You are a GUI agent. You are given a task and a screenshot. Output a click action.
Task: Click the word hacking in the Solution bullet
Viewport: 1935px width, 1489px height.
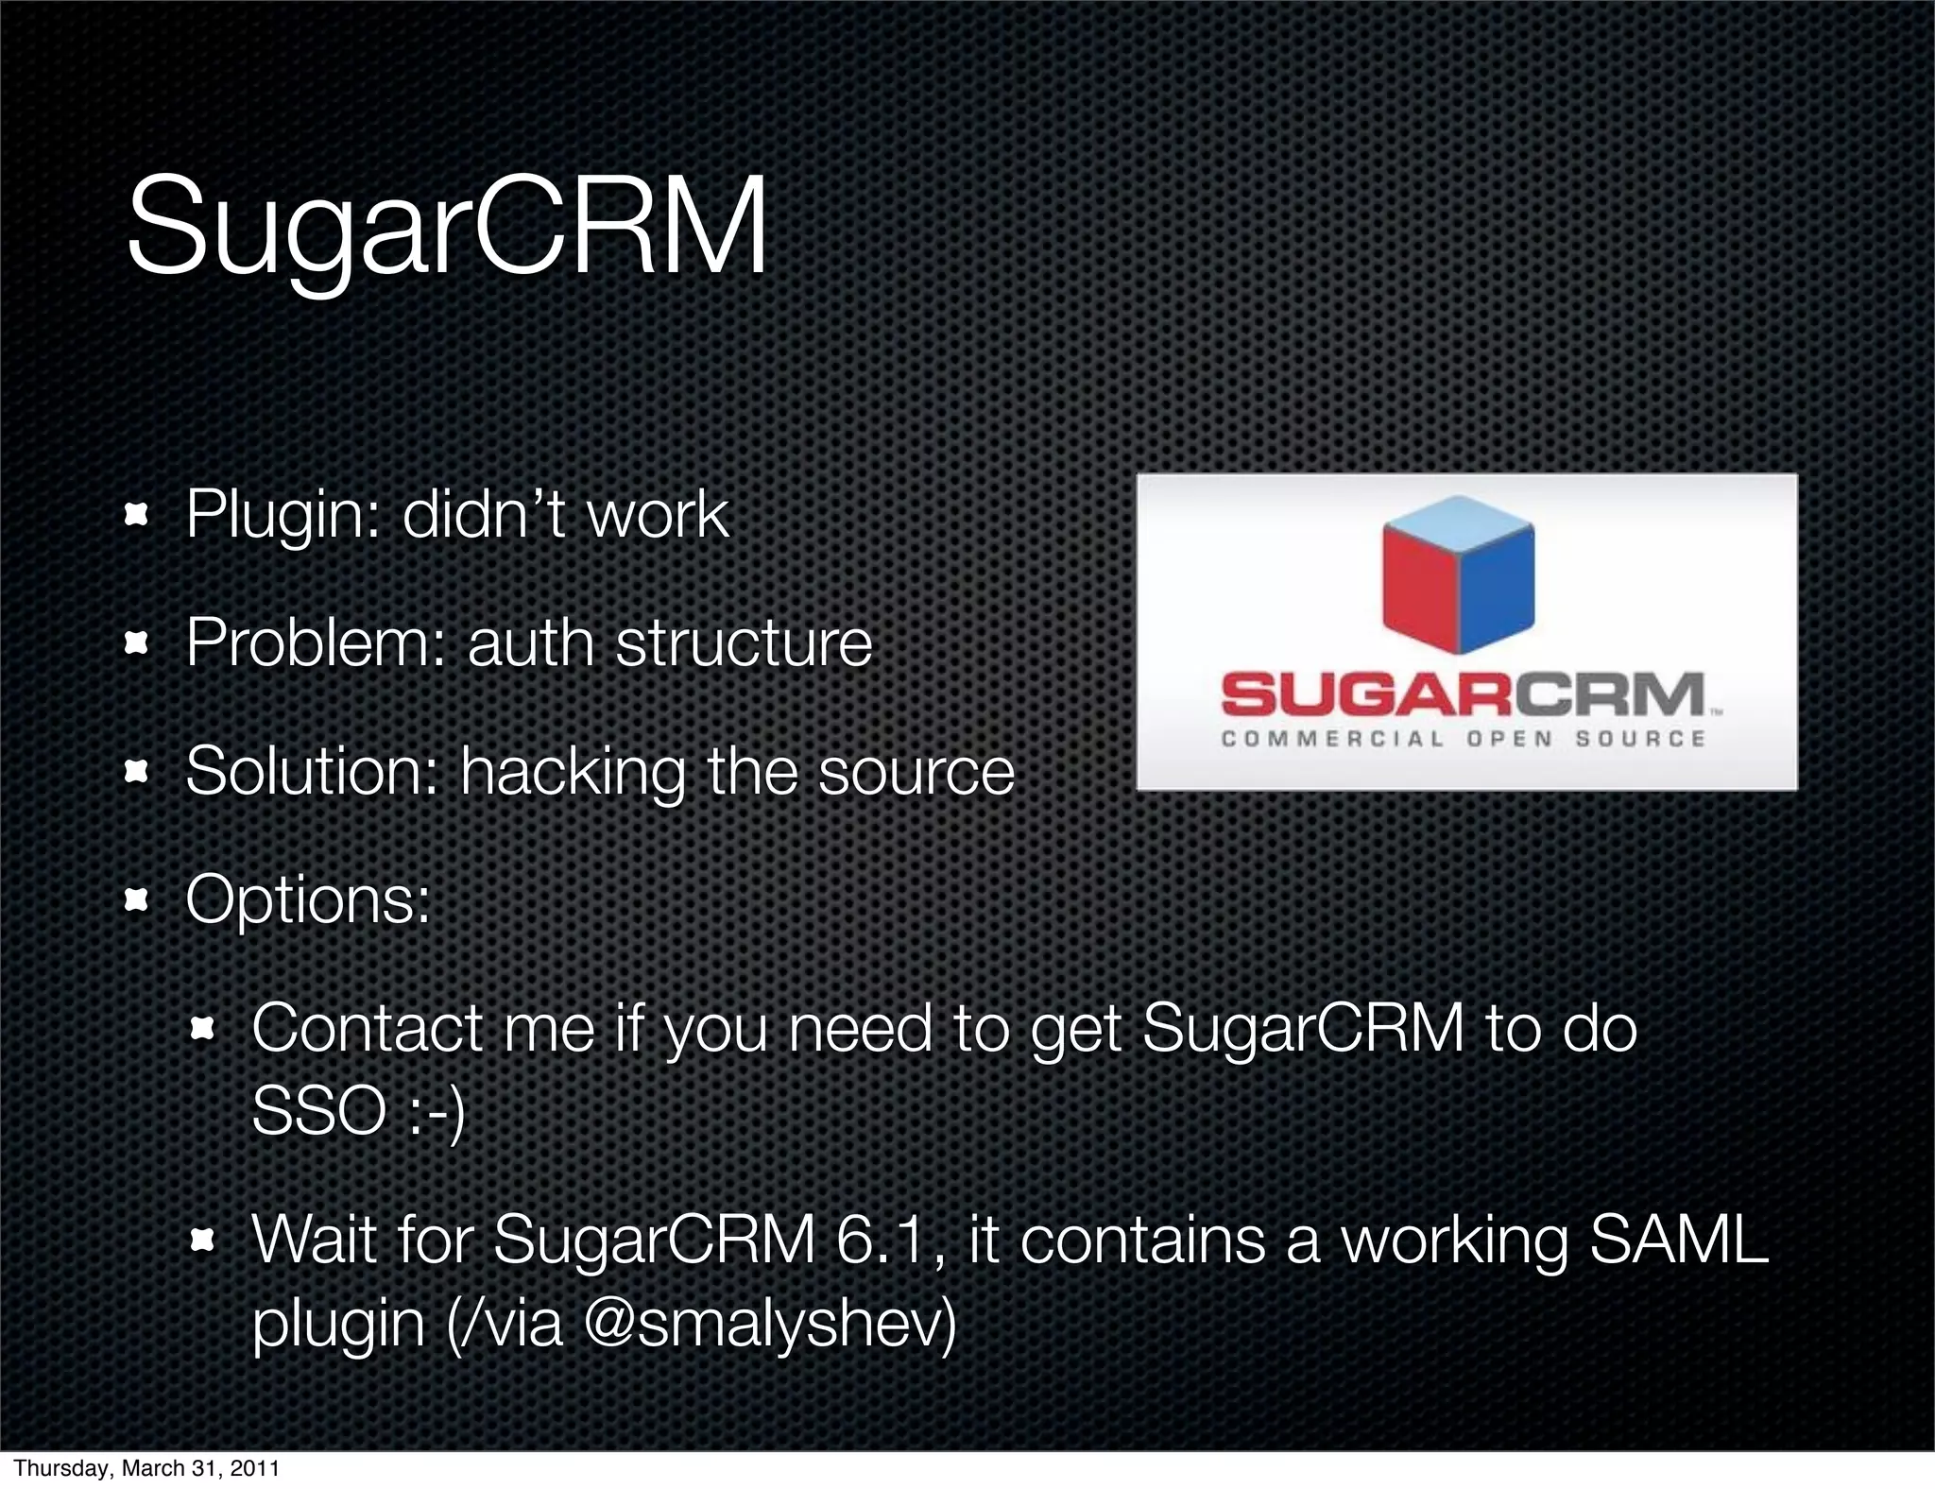(573, 772)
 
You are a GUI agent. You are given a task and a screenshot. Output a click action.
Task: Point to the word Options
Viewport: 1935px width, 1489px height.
(307, 899)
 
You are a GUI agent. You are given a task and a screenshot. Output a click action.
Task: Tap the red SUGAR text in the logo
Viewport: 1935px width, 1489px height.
(1369, 696)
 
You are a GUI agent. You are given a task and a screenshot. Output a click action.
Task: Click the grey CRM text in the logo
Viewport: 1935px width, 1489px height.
(1611, 696)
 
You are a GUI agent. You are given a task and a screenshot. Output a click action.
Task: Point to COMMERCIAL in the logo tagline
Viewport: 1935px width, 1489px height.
(1332, 739)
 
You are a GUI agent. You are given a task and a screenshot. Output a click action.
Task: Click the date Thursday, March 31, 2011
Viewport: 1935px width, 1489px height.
(146, 1468)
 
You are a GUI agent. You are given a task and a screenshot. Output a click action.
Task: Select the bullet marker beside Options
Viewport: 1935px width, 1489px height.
(137, 900)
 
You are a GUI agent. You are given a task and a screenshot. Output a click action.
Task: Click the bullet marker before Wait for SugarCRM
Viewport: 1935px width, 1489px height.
(203, 1240)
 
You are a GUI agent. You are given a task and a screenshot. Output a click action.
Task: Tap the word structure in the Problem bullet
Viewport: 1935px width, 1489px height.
(744, 643)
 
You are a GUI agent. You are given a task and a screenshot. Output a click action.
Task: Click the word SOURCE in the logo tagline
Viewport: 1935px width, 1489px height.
(1640, 739)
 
